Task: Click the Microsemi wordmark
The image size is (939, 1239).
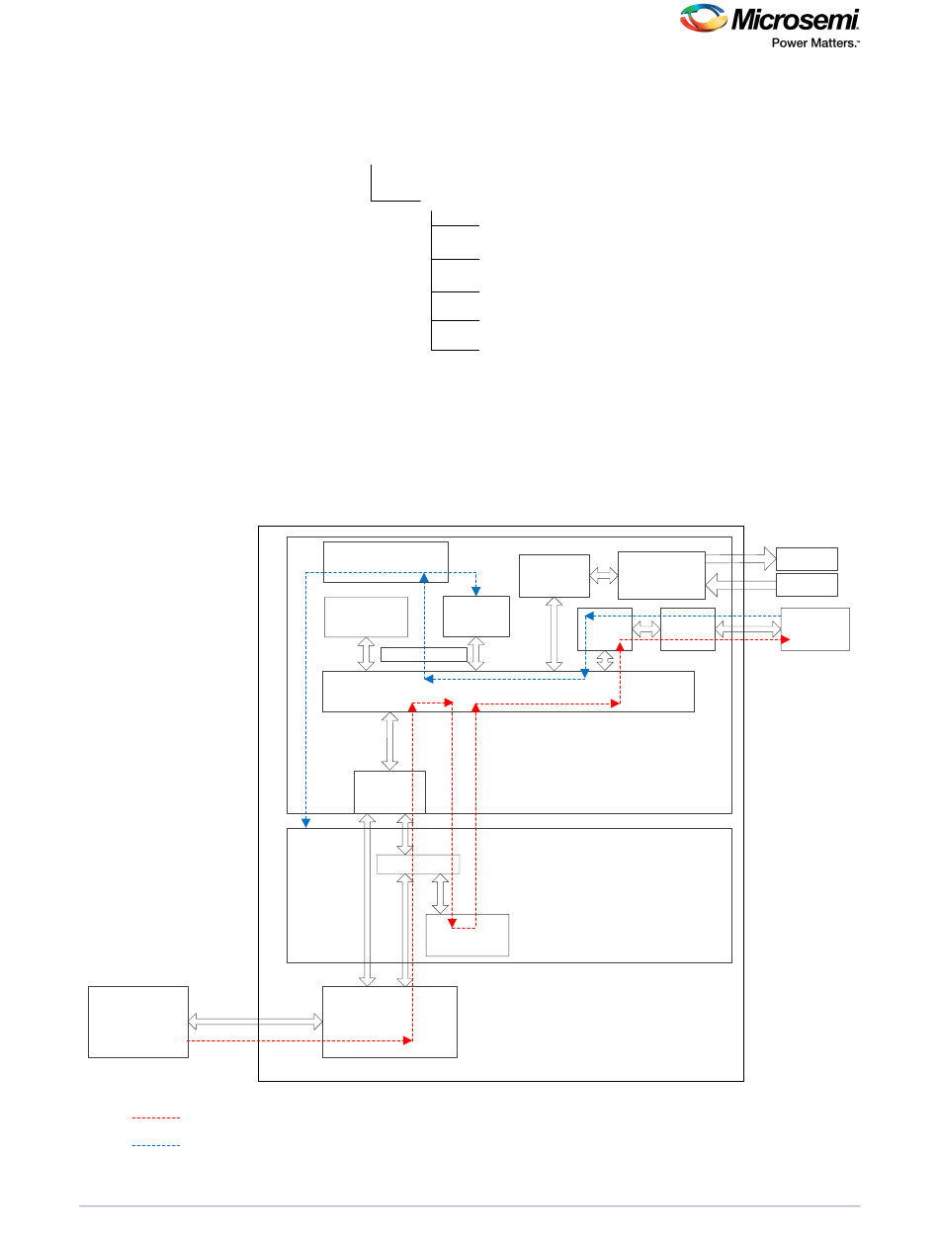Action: click(x=795, y=20)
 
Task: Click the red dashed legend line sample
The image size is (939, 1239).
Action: click(x=156, y=1118)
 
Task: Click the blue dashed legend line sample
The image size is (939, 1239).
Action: click(x=156, y=1146)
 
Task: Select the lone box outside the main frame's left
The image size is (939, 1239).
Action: click(x=138, y=1022)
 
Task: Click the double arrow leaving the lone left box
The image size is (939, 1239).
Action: click(x=255, y=1021)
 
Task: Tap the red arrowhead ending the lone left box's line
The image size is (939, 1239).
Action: click(x=407, y=1040)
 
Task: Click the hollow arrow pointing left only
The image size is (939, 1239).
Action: click(x=740, y=586)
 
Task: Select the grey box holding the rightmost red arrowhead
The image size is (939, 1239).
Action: click(x=814, y=629)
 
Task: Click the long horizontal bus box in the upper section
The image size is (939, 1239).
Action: click(x=508, y=691)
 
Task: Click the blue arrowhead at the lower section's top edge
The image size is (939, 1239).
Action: click(x=305, y=823)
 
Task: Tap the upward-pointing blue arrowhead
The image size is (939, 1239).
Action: click(x=423, y=576)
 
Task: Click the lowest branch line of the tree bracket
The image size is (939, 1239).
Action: click(x=456, y=350)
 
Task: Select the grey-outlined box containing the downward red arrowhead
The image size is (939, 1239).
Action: click(x=467, y=936)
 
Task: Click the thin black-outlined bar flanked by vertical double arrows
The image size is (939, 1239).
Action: click(x=423, y=654)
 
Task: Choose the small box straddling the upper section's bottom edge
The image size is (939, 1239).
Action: click(x=389, y=791)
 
